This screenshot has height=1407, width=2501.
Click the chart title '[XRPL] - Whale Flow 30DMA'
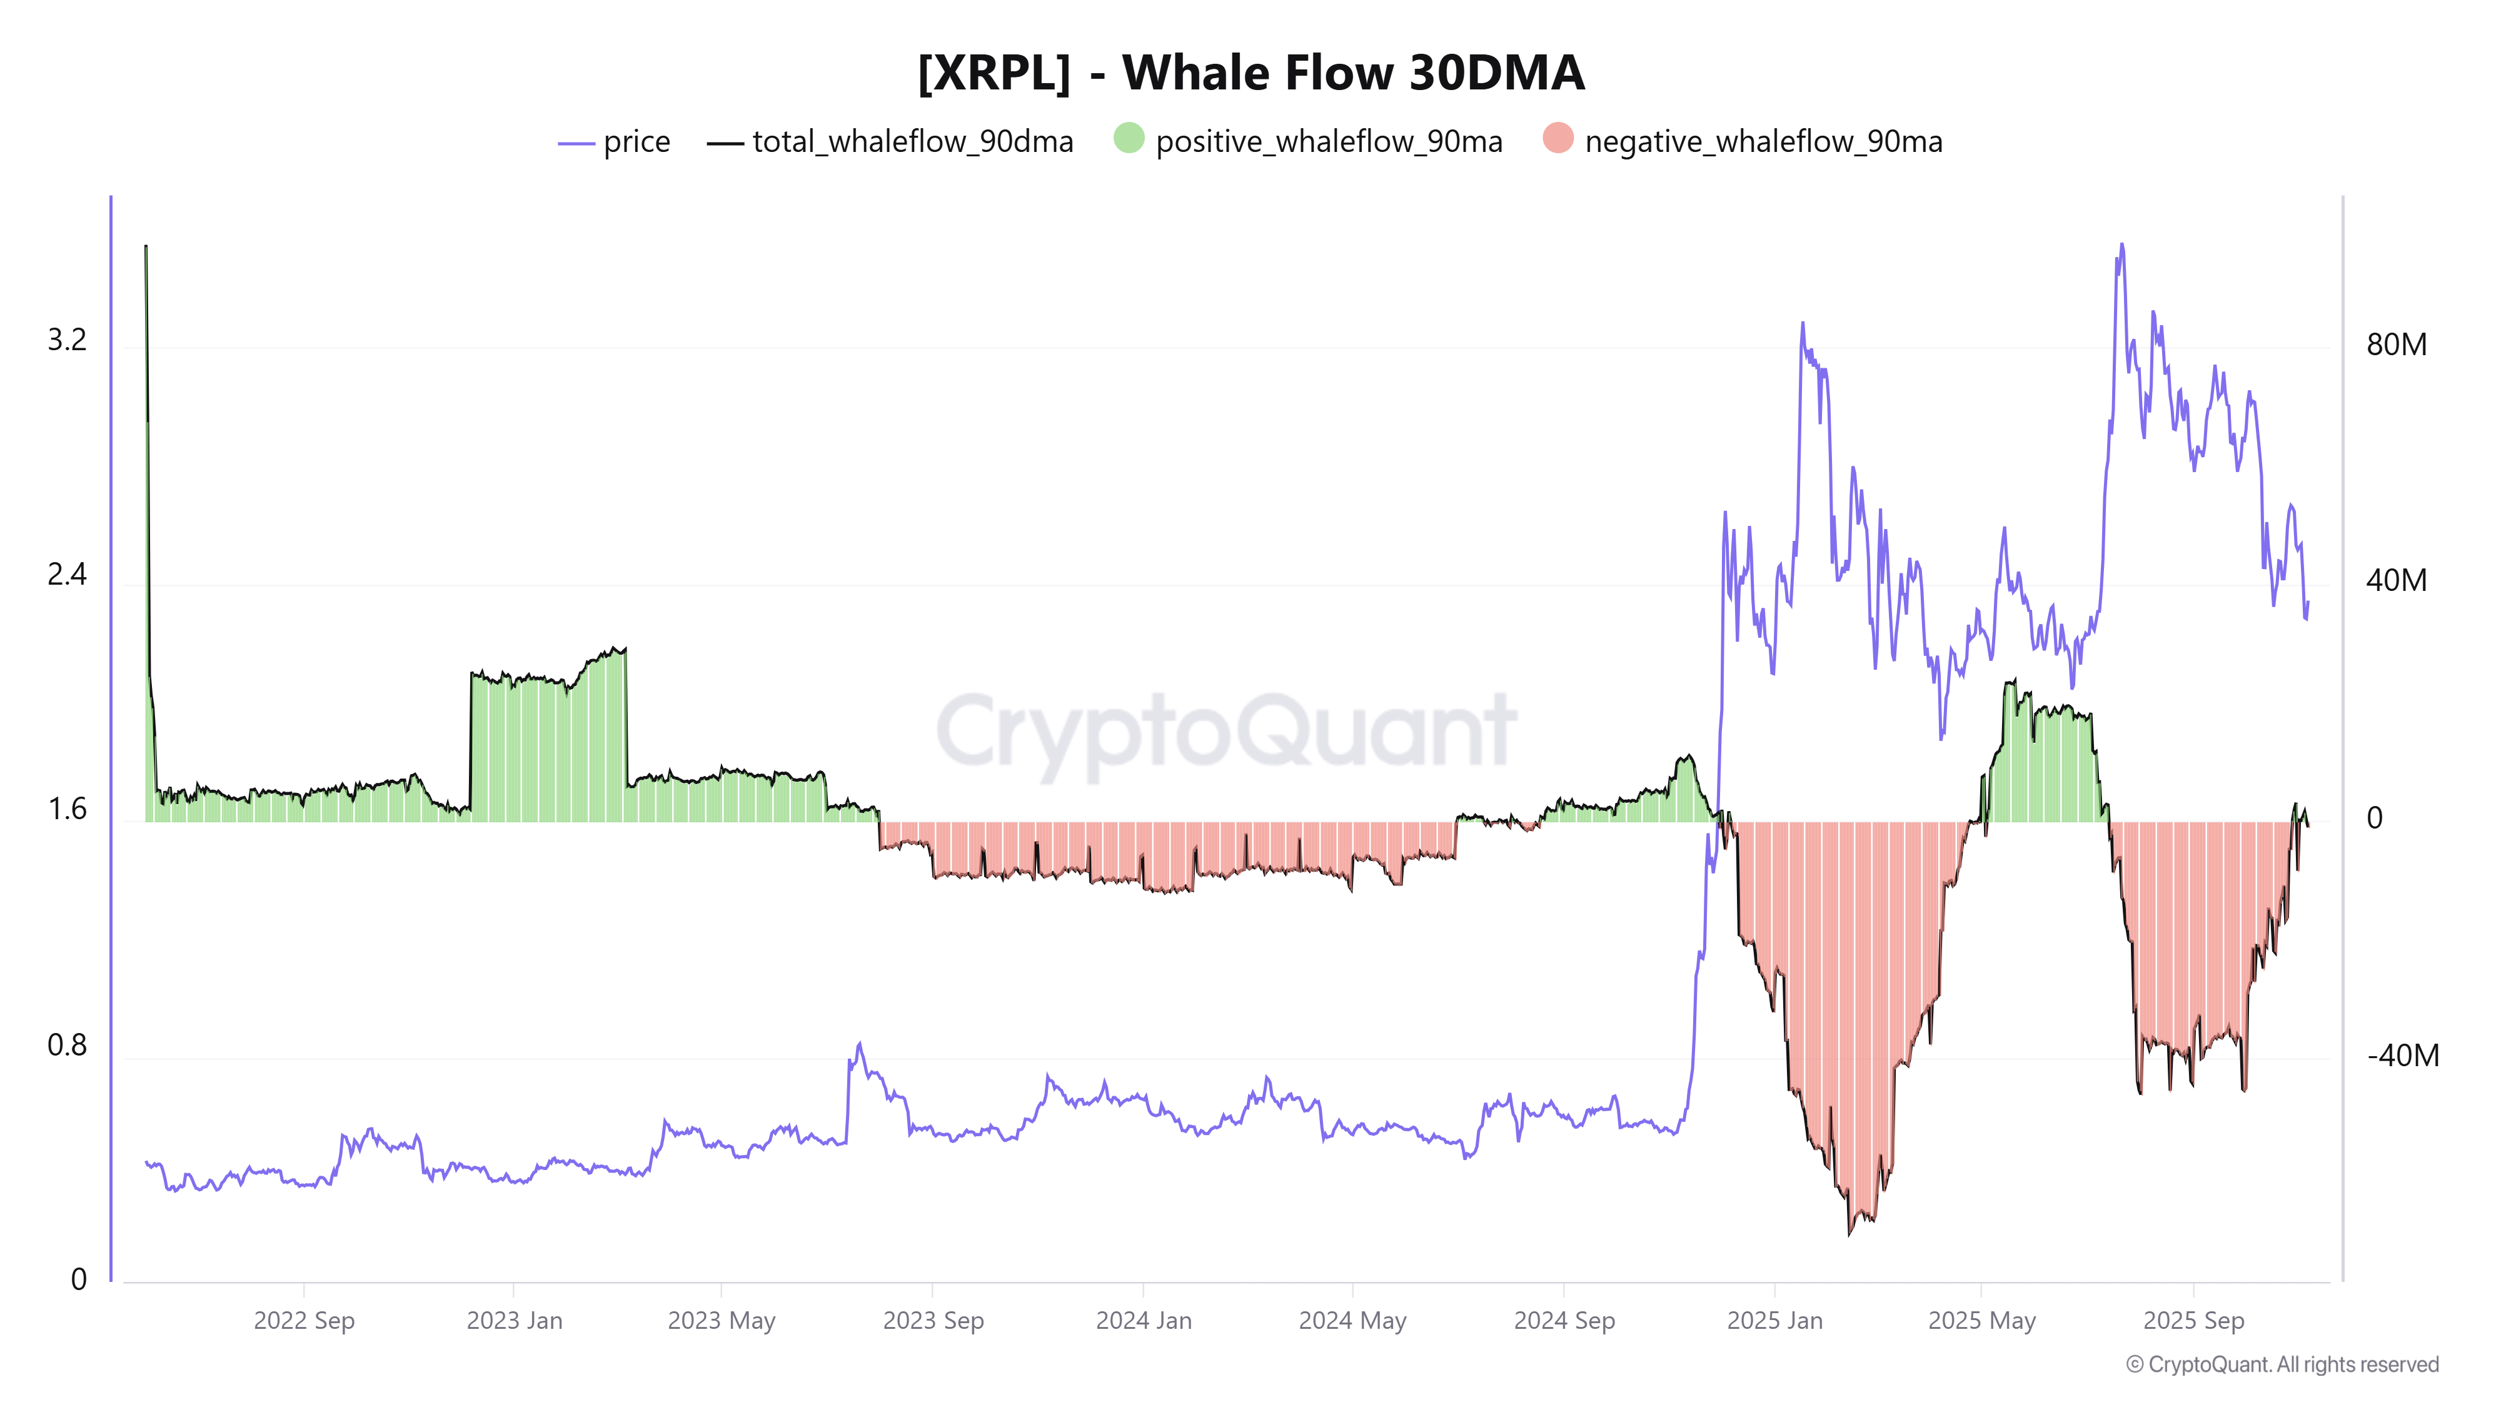(x=1250, y=73)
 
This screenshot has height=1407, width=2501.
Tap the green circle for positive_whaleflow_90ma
(x=1128, y=138)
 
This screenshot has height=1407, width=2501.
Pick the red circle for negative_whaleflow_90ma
(x=1557, y=138)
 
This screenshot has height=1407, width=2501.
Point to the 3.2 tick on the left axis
(x=67, y=340)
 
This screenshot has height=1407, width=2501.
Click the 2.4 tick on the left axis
(x=67, y=575)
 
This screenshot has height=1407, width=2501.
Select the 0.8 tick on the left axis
(x=67, y=1045)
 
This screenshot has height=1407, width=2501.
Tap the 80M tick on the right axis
(x=2396, y=345)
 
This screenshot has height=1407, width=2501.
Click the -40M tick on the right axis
(x=2402, y=1056)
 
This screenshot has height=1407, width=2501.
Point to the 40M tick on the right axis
(x=2396, y=581)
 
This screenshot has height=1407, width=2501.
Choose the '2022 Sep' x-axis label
(x=304, y=1321)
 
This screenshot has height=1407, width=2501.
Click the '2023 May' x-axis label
(x=722, y=1321)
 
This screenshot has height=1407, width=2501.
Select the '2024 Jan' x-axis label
(x=1144, y=1321)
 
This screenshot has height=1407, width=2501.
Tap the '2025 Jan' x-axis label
(x=1775, y=1321)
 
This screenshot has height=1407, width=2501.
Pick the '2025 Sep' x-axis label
(x=2193, y=1321)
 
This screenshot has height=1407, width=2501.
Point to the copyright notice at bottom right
(x=2282, y=1364)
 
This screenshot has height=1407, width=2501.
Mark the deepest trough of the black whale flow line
(x=1849, y=1234)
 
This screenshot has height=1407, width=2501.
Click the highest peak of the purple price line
(x=2121, y=245)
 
